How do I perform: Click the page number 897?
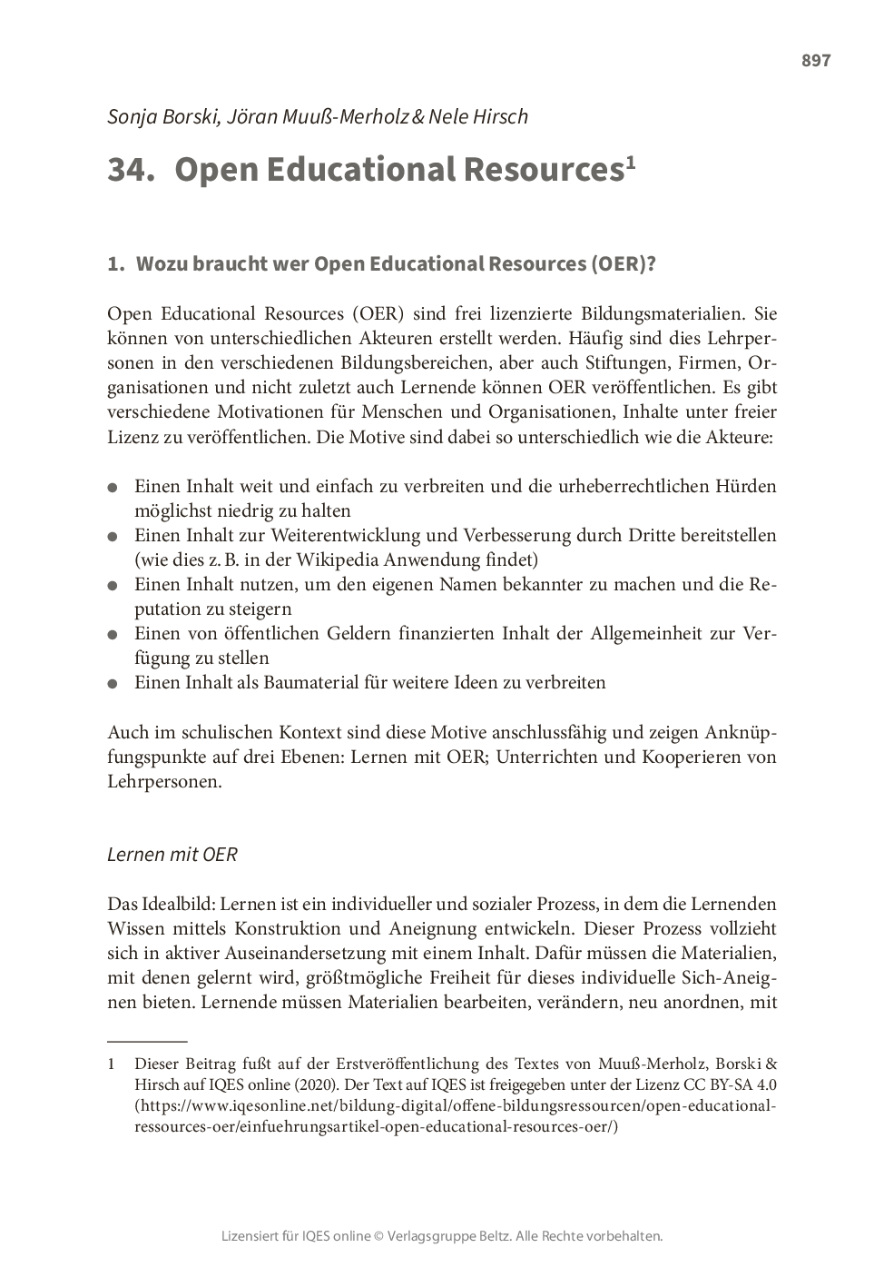click(815, 61)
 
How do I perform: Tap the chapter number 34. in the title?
click(131, 170)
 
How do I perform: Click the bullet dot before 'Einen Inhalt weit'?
click(113, 488)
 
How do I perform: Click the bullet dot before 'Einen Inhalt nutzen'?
click(113, 586)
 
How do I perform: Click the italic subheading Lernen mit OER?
click(172, 855)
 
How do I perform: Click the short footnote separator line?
click(147, 1041)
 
